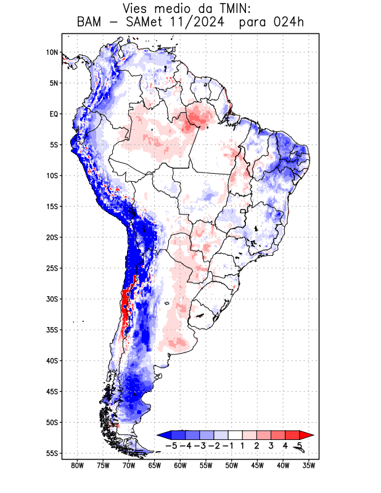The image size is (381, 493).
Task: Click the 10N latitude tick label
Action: pos(52,52)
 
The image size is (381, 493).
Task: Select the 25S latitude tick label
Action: pos(52,268)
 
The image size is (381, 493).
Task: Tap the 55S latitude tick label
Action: pos(52,453)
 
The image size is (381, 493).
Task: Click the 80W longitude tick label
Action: pos(78,465)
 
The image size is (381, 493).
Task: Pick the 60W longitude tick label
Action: pos(181,465)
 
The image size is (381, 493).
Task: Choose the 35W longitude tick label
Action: pos(309,465)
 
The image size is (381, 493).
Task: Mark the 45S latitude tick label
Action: pos(52,391)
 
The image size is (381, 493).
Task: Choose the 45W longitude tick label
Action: pos(258,465)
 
